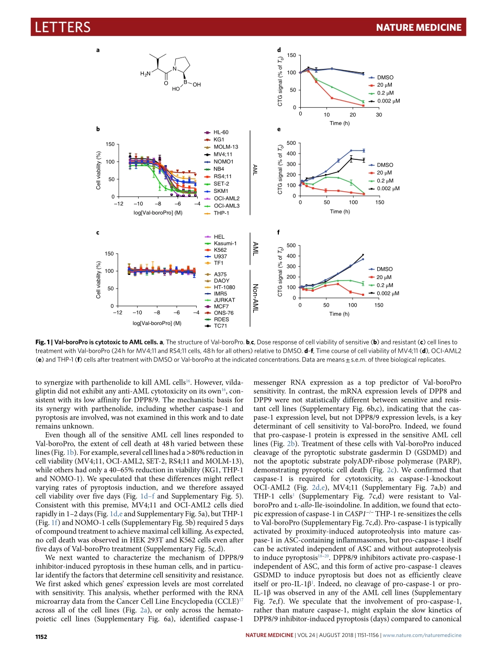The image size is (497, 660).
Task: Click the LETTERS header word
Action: pos(62,27)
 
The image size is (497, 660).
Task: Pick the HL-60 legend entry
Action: pos(221,133)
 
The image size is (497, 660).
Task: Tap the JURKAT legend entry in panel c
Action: pos(224,300)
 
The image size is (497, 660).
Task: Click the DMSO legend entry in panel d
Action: pos(385,77)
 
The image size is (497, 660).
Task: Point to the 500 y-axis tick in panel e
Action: pos(291,143)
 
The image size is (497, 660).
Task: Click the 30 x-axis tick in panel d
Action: pos(379,114)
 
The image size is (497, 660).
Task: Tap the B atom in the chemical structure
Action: pos(185,81)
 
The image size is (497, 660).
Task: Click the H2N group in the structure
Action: pos(145,74)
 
